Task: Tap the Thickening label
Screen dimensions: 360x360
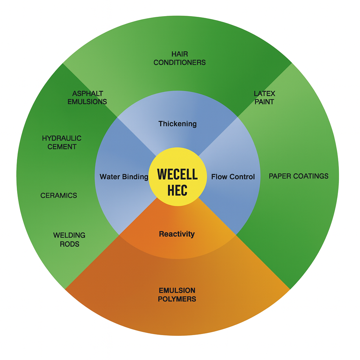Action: point(178,124)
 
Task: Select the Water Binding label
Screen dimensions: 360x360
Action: point(124,177)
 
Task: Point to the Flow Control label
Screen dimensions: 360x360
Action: point(233,177)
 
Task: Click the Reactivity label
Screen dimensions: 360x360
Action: point(177,234)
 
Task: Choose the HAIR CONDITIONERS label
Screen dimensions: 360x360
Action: point(180,58)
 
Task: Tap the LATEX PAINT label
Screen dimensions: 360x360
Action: point(264,98)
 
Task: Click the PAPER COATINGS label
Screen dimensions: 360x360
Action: point(298,176)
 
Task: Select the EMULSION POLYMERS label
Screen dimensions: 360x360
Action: point(177,295)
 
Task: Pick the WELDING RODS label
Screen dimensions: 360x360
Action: point(69,239)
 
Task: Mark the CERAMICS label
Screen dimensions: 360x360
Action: point(59,195)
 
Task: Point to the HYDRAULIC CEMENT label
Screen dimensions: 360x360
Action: point(62,142)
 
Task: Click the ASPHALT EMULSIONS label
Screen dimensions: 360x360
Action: point(88,98)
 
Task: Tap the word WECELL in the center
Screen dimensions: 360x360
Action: point(177,174)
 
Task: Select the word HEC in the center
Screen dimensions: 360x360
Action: point(177,190)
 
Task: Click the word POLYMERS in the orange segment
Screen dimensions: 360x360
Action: point(177,299)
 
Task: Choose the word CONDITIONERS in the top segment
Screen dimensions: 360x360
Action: point(180,63)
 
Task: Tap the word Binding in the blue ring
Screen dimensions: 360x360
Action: point(136,177)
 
